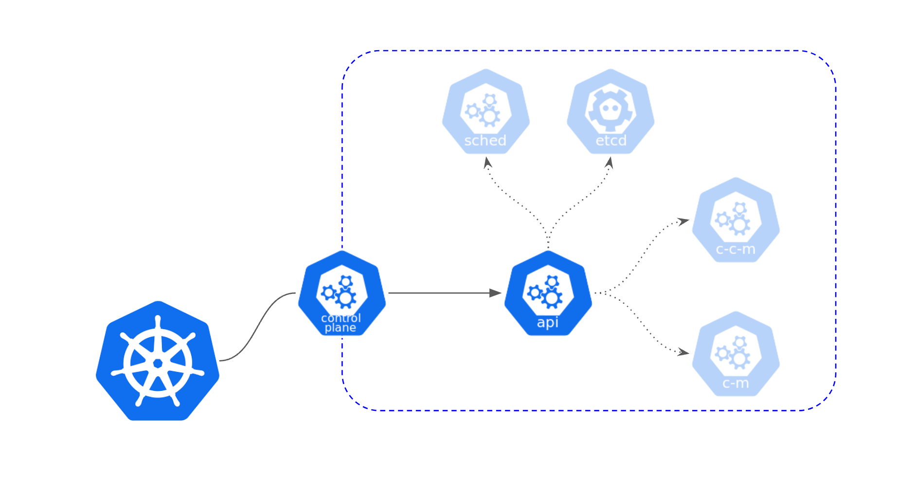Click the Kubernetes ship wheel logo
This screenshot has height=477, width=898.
(x=158, y=361)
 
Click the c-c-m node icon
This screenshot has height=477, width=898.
(x=736, y=219)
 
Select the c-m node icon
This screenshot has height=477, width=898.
(x=736, y=353)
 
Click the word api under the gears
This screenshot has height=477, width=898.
(x=548, y=322)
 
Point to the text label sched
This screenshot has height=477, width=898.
(x=485, y=141)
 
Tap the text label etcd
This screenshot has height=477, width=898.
(x=611, y=141)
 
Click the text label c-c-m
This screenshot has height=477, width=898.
(x=736, y=250)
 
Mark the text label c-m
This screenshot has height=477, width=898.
(x=736, y=384)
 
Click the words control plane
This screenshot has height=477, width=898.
(x=341, y=323)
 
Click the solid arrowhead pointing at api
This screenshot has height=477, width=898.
(x=495, y=293)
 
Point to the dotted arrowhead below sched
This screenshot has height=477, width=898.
(x=487, y=162)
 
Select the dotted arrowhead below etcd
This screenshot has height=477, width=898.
(x=609, y=162)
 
